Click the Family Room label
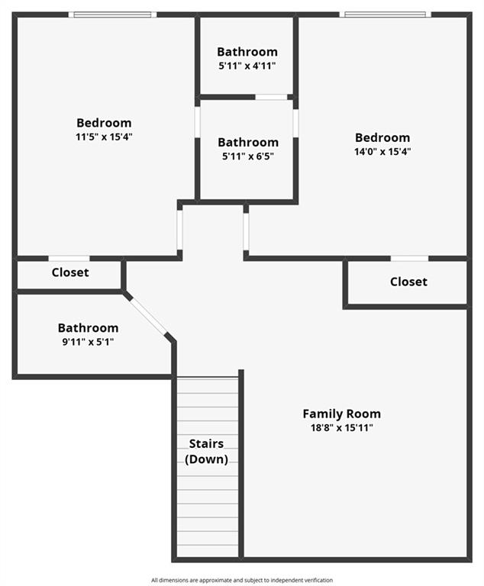pyautogui.click(x=341, y=414)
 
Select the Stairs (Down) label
pyautogui.click(x=206, y=451)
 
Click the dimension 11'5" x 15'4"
pyautogui.click(x=104, y=137)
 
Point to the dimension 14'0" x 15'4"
pyautogui.click(x=382, y=152)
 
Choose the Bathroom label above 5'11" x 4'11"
pyautogui.click(x=247, y=52)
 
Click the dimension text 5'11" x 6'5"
pyautogui.click(x=247, y=156)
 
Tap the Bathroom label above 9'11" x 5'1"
pyautogui.click(x=88, y=327)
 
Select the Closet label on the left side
pyautogui.click(x=70, y=272)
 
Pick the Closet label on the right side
pyautogui.click(x=408, y=282)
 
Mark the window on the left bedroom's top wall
pyautogui.click(x=112, y=14)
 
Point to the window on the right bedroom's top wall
pyautogui.click(x=385, y=14)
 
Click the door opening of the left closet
pyautogui.click(x=69, y=259)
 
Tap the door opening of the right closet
pyautogui.click(x=409, y=259)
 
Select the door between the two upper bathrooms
pyautogui.click(x=271, y=97)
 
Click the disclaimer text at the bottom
pyautogui.click(x=241, y=580)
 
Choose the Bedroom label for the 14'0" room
pyautogui.click(x=382, y=137)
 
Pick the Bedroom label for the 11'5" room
pyautogui.click(x=104, y=123)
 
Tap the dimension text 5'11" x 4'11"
pyautogui.click(x=247, y=66)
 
